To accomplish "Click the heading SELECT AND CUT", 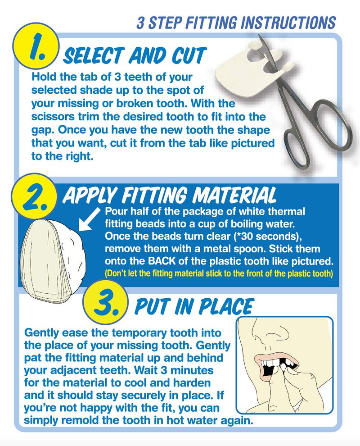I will coord(134,56).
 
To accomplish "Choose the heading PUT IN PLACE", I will coord(194,307).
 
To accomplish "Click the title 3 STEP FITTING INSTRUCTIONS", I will coord(236,23).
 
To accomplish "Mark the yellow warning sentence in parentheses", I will coord(218,273).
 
